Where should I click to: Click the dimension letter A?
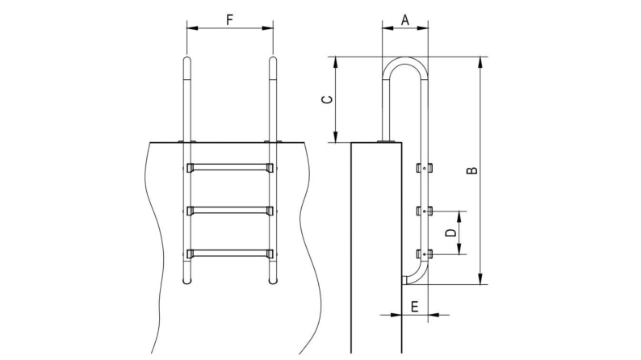404,20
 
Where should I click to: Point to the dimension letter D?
451,232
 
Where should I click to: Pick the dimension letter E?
414,306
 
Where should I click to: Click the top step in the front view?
230,168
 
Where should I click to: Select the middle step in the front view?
230,211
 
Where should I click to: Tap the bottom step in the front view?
230,253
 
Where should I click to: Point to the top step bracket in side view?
424,169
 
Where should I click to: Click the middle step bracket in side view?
424,211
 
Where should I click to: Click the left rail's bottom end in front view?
187,282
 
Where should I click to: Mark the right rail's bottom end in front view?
273,282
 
